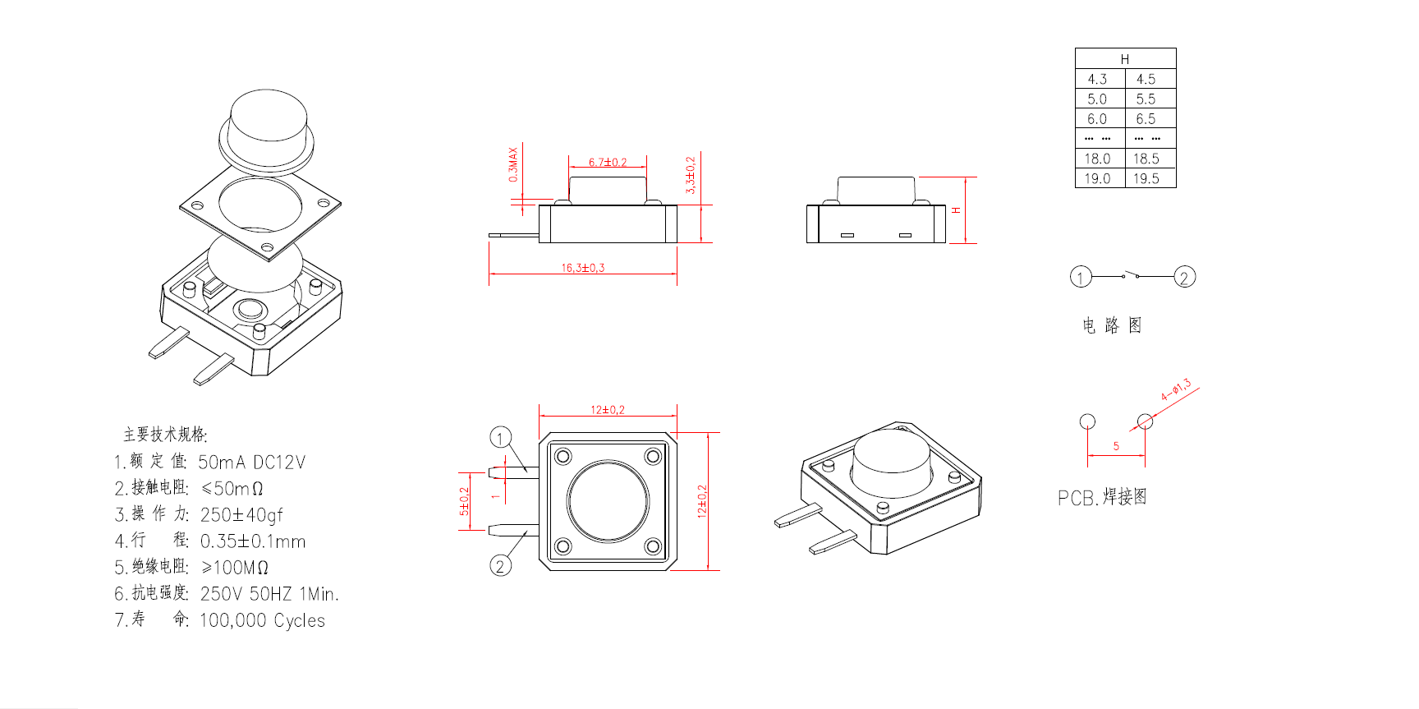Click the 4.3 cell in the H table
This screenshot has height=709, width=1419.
click(1097, 79)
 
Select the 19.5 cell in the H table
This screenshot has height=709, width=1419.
click(1146, 178)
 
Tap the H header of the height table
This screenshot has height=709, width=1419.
click(1125, 59)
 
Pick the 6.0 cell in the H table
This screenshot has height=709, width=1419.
click(1097, 119)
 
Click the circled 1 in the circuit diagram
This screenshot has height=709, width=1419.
click(1081, 277)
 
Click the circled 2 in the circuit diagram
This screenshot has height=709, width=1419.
click(1184, 277)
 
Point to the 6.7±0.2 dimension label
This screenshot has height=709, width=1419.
click(607, 162)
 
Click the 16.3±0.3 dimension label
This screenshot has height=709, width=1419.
click(582, 268)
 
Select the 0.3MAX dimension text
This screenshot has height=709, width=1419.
click(513, 164)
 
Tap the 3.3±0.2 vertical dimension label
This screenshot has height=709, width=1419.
click(691, 175)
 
